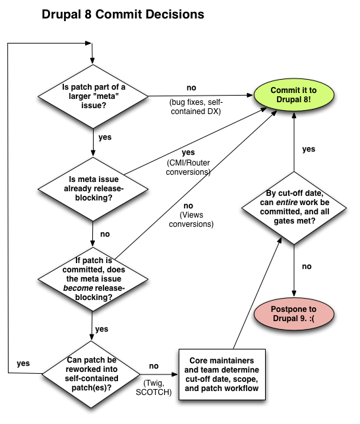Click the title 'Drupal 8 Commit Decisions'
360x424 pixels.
coord(122,13)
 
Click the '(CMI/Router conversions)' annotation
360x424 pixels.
coord(187,167)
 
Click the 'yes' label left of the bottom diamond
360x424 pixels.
coord(22,363)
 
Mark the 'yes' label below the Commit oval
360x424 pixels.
coord(309,149)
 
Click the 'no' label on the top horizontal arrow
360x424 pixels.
coord(192,88)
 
